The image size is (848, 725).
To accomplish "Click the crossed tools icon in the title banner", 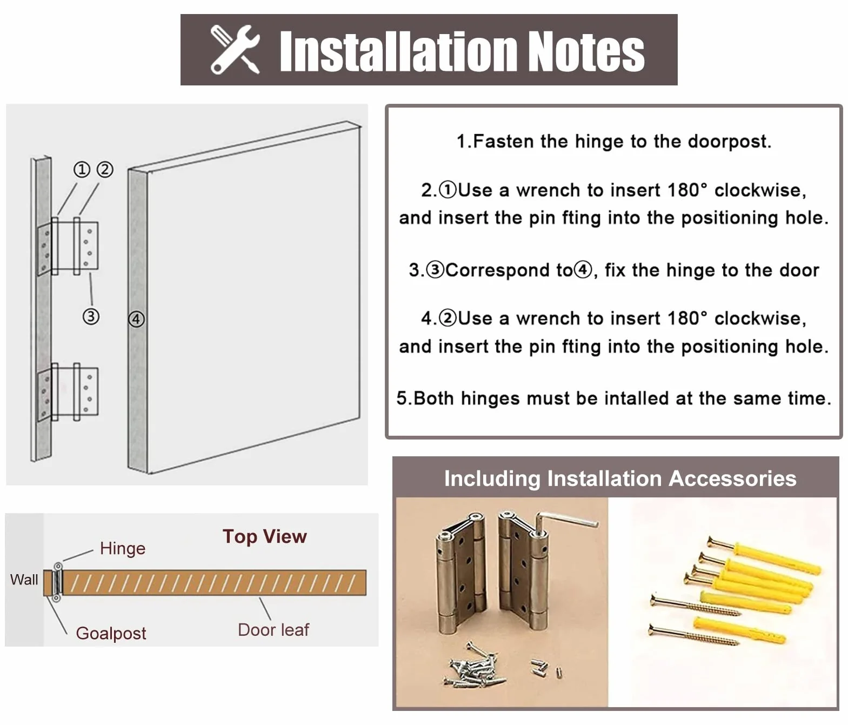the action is [235, 50].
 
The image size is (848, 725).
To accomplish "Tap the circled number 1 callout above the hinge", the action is [82, 169].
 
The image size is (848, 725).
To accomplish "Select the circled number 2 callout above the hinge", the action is [105, 169].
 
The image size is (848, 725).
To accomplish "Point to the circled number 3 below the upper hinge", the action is [91, 316].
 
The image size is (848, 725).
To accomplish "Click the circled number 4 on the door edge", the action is [136, 319].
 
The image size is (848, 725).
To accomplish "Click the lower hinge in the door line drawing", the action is [68, 393].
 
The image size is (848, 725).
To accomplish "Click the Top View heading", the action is [265, 536].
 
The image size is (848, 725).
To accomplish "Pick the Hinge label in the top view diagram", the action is [123, 549].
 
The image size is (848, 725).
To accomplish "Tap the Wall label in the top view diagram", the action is [24, 580].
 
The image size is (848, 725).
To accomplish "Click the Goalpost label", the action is [111, 633].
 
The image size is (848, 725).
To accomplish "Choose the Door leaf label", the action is [273, 630].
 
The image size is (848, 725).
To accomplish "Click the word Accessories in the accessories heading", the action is [732, 478].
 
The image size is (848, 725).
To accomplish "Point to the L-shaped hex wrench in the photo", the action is [566, 524].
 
